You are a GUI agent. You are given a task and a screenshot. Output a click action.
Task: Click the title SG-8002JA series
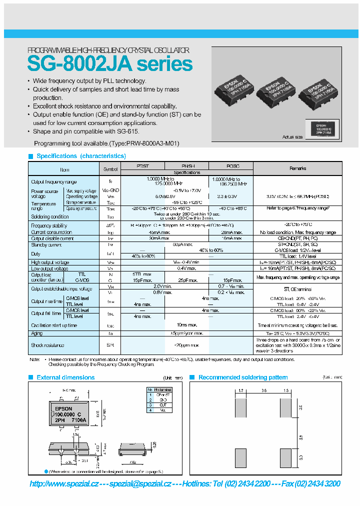[x=109, y=64]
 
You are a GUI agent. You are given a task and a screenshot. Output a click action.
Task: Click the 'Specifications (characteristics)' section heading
[x=81, y=156]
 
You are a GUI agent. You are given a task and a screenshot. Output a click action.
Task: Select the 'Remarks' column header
[x=298, y=168]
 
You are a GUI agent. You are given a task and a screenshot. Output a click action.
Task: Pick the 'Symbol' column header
[x=110, y=169]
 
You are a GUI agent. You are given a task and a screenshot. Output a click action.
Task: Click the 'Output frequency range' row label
[x=54, y=182]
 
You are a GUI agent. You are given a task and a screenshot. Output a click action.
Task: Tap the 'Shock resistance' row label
[x=47, y=345]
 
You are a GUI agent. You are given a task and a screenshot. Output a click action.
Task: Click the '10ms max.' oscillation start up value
[x=187, y=325]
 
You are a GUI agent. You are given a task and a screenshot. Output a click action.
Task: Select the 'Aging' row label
[x=37, y=333]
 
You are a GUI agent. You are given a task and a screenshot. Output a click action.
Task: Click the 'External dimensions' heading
[x=65, y=377]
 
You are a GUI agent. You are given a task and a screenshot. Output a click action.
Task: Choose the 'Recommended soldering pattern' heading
[x=243, y=377]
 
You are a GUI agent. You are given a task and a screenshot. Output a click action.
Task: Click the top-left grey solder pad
[x=240, y=407]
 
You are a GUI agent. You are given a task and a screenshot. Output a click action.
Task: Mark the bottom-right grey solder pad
[x=285, y=457]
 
